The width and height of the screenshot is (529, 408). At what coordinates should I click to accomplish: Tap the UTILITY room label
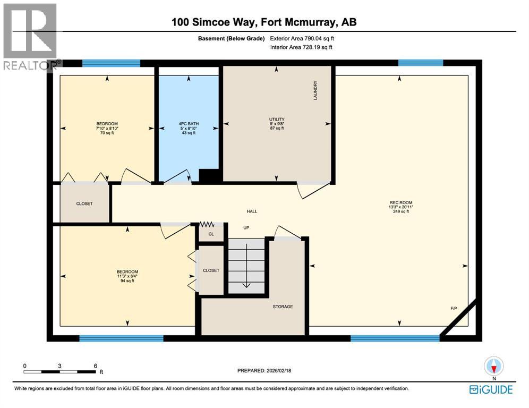point(277,119)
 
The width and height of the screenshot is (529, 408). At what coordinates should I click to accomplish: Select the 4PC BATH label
point(187,124)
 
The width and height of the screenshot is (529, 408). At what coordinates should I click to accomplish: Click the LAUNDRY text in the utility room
point(315,90)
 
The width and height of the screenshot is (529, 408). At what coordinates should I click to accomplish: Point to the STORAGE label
point(283,307)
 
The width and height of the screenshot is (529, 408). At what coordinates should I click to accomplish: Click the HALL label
point(252,211)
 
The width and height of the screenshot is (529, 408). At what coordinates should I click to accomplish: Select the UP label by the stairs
point(246,228)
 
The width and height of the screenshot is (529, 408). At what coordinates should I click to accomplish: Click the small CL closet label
point(211,234)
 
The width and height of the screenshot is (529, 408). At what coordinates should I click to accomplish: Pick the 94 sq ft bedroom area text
point(127,280)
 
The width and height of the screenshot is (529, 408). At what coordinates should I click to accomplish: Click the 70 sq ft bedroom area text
point(107,133)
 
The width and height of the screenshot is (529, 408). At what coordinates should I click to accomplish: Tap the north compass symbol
point(494,367)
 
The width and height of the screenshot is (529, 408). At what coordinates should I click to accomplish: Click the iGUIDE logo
point(491,390)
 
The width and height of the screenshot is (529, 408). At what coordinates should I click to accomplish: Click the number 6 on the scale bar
point(95,365)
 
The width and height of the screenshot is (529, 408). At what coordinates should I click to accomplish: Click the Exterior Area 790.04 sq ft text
point(302,38)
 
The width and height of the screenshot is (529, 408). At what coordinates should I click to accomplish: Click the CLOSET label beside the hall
point(84,203)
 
